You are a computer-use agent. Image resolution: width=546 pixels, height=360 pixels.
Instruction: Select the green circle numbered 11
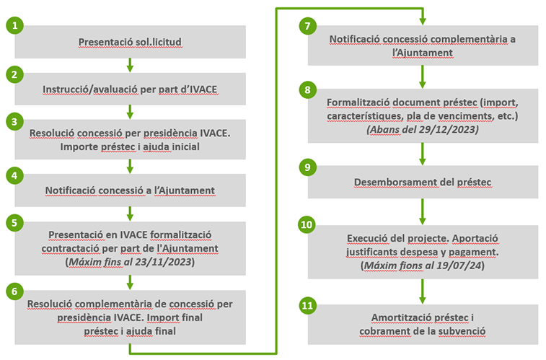point(308,305)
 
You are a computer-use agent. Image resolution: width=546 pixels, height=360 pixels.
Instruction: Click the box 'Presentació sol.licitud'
point(130,43)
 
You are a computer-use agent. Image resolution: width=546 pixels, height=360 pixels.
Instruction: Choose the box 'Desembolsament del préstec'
point(423,182)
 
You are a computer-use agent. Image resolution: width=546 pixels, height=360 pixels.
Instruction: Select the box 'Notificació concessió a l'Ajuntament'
point(130,190)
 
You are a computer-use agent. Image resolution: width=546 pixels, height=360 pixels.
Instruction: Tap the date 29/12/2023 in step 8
point(449,129)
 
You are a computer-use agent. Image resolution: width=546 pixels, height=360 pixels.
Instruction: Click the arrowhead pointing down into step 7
point(423,19)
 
